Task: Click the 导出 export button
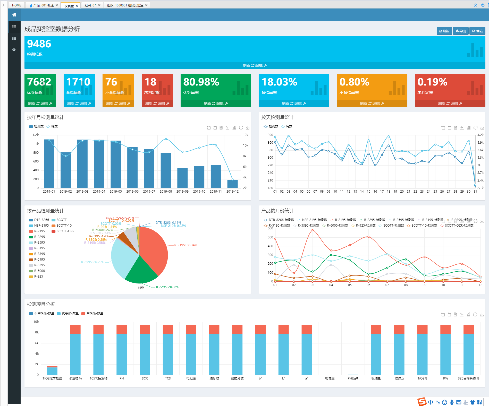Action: click(460, 31)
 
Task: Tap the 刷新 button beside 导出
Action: click(444, 31)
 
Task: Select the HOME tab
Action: click(17, 5)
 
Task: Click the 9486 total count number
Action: click(39, 44)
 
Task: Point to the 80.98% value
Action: click(201, 82)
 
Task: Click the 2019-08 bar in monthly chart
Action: click(166, 170)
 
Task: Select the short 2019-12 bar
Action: click(232, 184)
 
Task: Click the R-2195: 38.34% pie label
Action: click(186, 245)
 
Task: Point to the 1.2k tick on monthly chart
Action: click(36, 135)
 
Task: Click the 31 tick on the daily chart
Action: click(475, 192)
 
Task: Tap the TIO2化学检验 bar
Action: click(52, 371)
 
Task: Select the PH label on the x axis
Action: click(122, 378)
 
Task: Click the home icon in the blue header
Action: click(14, 15)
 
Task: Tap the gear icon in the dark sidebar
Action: click(14, 50)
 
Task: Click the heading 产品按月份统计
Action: click(277, 211)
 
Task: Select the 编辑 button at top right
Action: click(477, 31)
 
